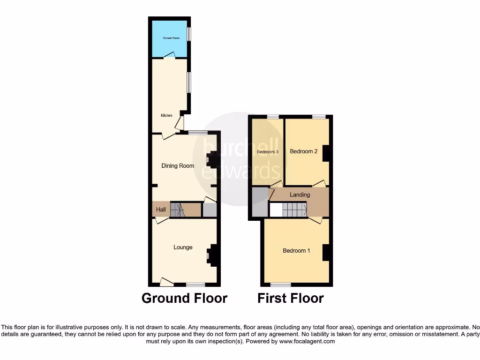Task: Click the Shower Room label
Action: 171,37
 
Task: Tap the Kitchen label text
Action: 166,115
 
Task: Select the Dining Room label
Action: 178,165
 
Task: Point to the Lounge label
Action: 183,247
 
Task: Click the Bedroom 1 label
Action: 296,250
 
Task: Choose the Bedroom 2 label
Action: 304,151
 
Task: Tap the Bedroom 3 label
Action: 268,152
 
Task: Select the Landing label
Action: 300,195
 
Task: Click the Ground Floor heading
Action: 184,298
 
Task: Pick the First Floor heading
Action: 291,298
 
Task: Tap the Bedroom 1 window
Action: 280,284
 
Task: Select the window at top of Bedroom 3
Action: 272,116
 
